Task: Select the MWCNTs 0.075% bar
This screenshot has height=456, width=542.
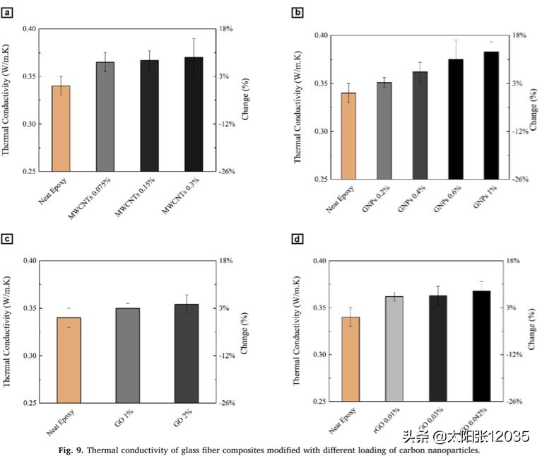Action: point(105,117)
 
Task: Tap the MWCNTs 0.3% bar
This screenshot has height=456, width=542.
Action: point(194,115)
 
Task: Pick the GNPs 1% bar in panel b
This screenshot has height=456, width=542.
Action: point(491,115)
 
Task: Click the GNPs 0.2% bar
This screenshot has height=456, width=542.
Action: point(384,131)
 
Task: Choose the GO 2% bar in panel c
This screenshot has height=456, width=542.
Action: point(187,353)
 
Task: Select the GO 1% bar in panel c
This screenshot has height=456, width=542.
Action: point(128,356)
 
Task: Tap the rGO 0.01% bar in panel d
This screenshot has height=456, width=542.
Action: point(394,349)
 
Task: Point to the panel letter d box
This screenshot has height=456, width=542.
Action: point(297,239)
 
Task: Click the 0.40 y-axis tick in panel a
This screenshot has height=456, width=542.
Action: point(28,29)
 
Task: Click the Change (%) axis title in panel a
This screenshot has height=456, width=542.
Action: point(245,99)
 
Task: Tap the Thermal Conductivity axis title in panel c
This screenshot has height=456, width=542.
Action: point(7,330)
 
